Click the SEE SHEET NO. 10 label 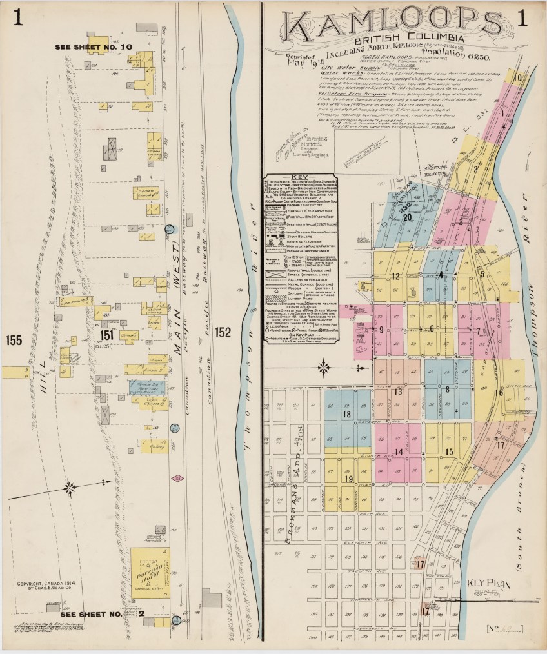[94, 47]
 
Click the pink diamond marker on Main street [179, 478]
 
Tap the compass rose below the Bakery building [71, 484]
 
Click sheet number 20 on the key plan [407, 217]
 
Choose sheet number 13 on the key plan [398, 392]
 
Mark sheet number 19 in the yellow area [349, 479]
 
